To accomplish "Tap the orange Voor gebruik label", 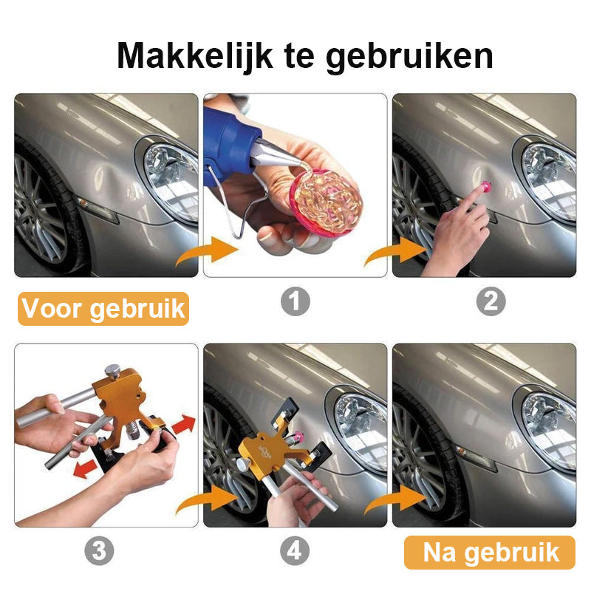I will point(103,307).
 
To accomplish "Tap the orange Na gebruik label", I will point(489,552).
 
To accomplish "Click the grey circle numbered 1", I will point(295,301).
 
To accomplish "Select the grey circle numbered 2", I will point(491,301).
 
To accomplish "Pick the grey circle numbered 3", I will point(99,551).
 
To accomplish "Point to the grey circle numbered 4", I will point(295,551).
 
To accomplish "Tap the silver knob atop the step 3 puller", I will point(112,372).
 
